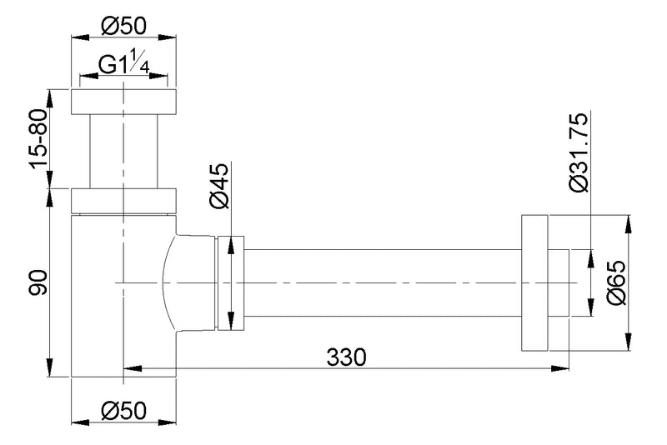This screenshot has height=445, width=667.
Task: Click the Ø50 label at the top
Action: pyautogui.click(x=123, y=26)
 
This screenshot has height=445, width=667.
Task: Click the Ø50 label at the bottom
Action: pyautogui.click(x=123, y=411)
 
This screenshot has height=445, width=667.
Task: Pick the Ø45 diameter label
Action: pyautogui.click(x=218, y=187)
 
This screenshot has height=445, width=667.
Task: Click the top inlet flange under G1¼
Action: pyautogui.click(x=123, y=101)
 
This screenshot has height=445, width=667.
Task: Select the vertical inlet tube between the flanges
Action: pyautogui.click(x=123, y=151)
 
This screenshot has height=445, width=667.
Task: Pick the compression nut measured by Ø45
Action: pyautogui.click(x=231, y=283)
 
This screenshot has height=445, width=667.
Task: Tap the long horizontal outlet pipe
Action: pyautogui.click(x=384, y=283)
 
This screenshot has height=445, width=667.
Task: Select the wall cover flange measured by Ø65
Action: pyautogui.click(x=534, y=283)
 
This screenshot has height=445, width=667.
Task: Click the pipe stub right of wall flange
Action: pyautogui.click(x=559, y=283)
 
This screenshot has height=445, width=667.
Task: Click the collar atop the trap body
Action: pyautogui.click(x=123, y=201)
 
